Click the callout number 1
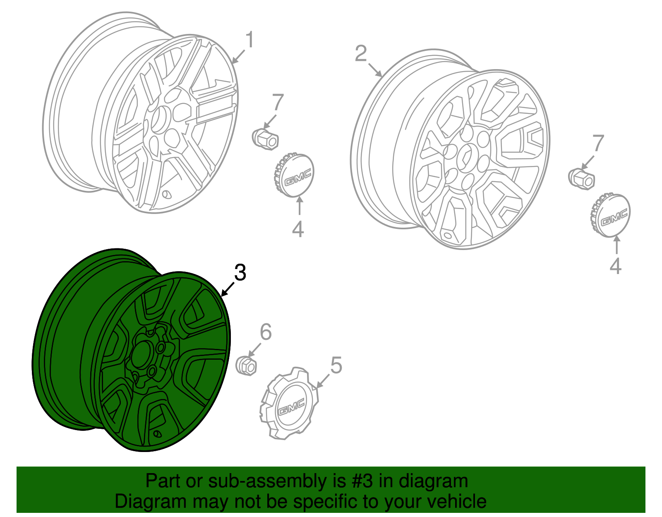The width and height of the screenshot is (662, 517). click(x=249, y=40)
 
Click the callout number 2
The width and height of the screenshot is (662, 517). click(x=361, y=54)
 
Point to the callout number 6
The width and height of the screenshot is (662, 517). click(x=266, y=332)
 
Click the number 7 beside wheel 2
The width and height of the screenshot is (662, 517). click(x=597, y=143)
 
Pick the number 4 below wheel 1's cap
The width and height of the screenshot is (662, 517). click(x=297, y=229)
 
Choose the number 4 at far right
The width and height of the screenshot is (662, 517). click(x=615, y=266)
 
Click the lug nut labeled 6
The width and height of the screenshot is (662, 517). click(x=246, y=365)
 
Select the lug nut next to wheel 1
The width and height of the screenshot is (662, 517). click(x=265, y=139)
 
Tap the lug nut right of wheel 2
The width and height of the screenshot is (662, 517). click(x=582, y=179)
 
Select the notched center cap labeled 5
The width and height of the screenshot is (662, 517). click(x=289, y=403)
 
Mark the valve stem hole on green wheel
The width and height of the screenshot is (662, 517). click(x=158, y=434)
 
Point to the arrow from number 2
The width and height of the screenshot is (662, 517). click(x=375, y=70)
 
